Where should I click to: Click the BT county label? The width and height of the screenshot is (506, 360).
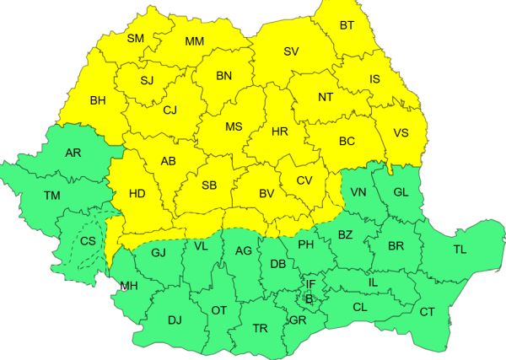(347, 25)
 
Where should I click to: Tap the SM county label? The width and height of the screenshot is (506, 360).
(136, 39)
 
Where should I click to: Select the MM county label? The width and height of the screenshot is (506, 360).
(195, 40)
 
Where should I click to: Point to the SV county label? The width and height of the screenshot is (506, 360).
(292, 52)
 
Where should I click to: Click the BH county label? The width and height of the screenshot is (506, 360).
(98, 103)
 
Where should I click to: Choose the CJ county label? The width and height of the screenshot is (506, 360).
(170, 110)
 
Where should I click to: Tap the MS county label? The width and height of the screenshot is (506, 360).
(234, 127)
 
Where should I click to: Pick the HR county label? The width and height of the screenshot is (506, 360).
(281, 132)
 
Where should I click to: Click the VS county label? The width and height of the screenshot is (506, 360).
(401, 132)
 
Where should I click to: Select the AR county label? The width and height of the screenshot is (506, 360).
(73, 153)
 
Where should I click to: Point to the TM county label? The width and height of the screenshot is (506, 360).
(52, 196)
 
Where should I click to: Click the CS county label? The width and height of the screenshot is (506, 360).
(88, 241)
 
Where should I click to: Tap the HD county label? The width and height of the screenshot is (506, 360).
(137, 194)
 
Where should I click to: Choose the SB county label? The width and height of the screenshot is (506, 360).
(211, 186)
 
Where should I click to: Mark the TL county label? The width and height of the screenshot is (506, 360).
(460, 250)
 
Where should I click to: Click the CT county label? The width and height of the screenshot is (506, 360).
(427, 312)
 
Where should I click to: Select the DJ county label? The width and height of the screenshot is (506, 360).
(175, 320)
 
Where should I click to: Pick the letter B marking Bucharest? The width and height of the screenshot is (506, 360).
(309, 298)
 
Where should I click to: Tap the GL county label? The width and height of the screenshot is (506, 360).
(401, 192)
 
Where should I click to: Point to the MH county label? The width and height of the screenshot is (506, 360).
(129, 287)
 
